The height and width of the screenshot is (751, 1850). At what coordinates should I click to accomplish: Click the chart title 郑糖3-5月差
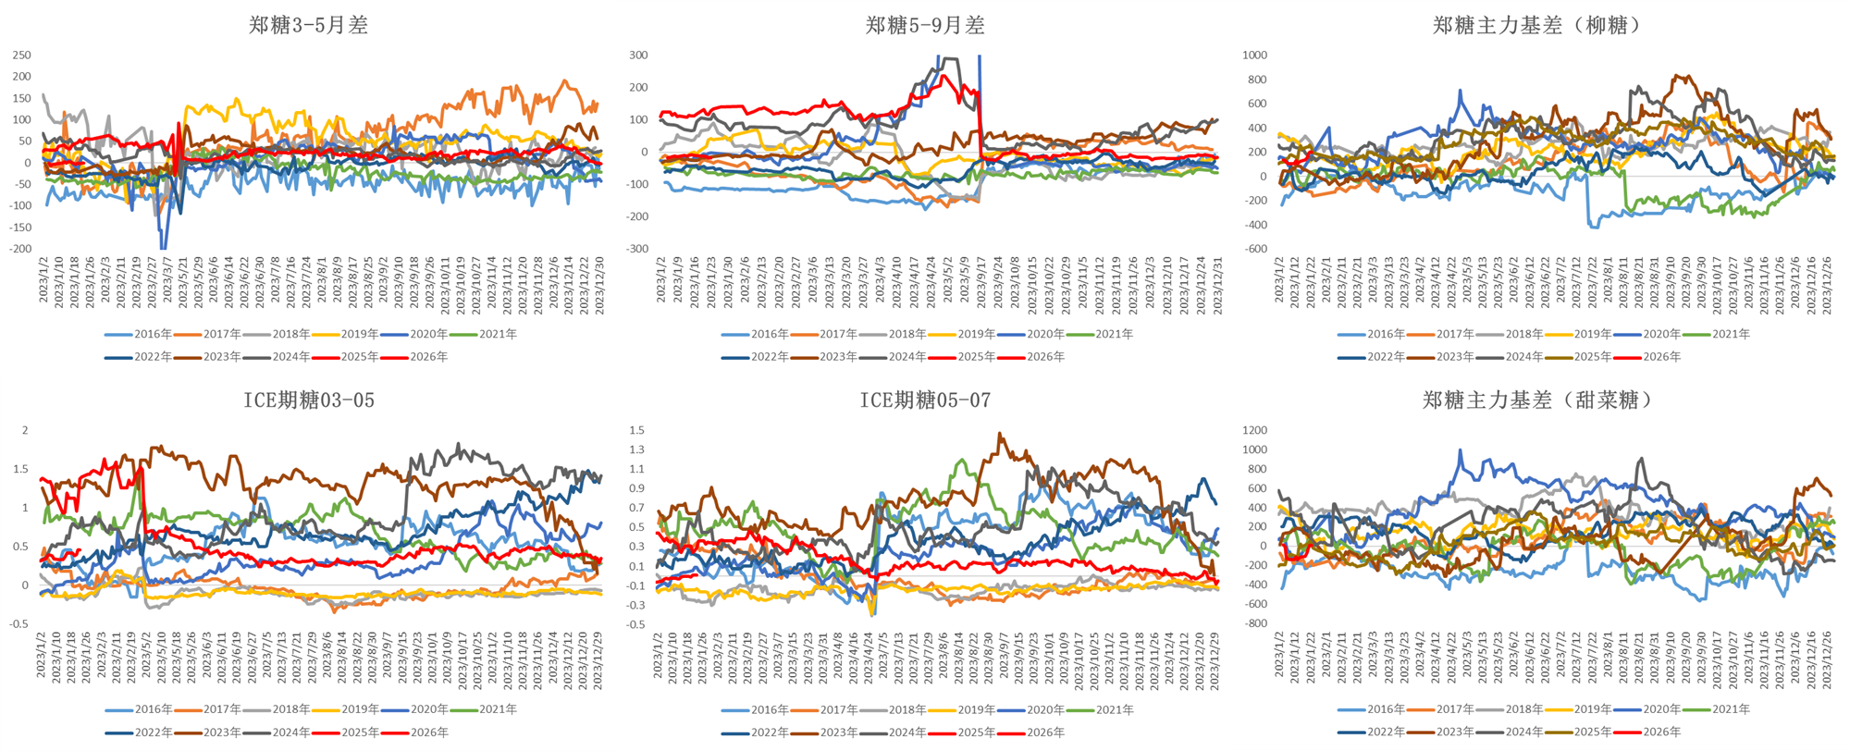pyautogui.click(x=308, y=25)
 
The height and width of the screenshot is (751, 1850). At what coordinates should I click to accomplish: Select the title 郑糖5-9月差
pyautogui.click(x=925, y=25)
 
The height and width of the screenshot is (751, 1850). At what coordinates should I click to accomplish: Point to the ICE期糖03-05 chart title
pyautogui.click(x=309, y=400)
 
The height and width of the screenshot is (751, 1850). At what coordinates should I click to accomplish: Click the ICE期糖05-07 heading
pyautogui.click(x=925, y=400)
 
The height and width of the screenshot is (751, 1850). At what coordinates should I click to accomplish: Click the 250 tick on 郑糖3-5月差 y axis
pyautogui.click(x=21, y=55)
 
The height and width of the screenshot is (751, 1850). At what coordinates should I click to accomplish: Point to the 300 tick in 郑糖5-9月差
pyautogui.click(x=638, y=55)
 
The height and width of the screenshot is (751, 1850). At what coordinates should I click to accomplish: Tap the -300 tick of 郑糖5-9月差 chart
pyautogui.click(x=636, y=249)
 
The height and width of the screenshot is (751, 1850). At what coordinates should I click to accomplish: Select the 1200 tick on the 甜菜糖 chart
pyautogui.click(x=1255, y=430)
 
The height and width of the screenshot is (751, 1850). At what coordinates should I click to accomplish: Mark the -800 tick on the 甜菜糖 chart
pyautogui.click(x=1255, y=623)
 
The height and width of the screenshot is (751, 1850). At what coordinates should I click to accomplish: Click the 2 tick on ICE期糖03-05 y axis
pyautogui.click(x=25, y=430)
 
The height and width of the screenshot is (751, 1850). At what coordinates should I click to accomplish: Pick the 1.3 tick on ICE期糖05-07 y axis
pyautogui.click(x=636, y=450)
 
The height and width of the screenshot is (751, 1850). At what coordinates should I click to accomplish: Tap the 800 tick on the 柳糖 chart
pyautogui.click(x=1257, y=80)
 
